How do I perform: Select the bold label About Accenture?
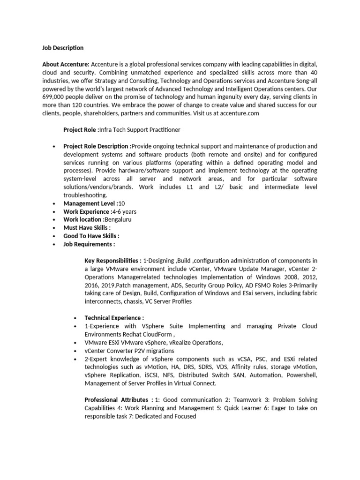point(66,64)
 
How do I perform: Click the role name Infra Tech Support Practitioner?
point(140,129)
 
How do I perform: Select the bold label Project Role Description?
point(97,146)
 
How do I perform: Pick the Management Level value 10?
point(122,203)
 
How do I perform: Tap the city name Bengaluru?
point(119,219)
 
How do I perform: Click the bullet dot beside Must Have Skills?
point(55,228)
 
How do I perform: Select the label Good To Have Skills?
point(90,236)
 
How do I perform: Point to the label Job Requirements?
point(88,244)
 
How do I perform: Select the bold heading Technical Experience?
point(113,318)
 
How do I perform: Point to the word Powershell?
point(300,375)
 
